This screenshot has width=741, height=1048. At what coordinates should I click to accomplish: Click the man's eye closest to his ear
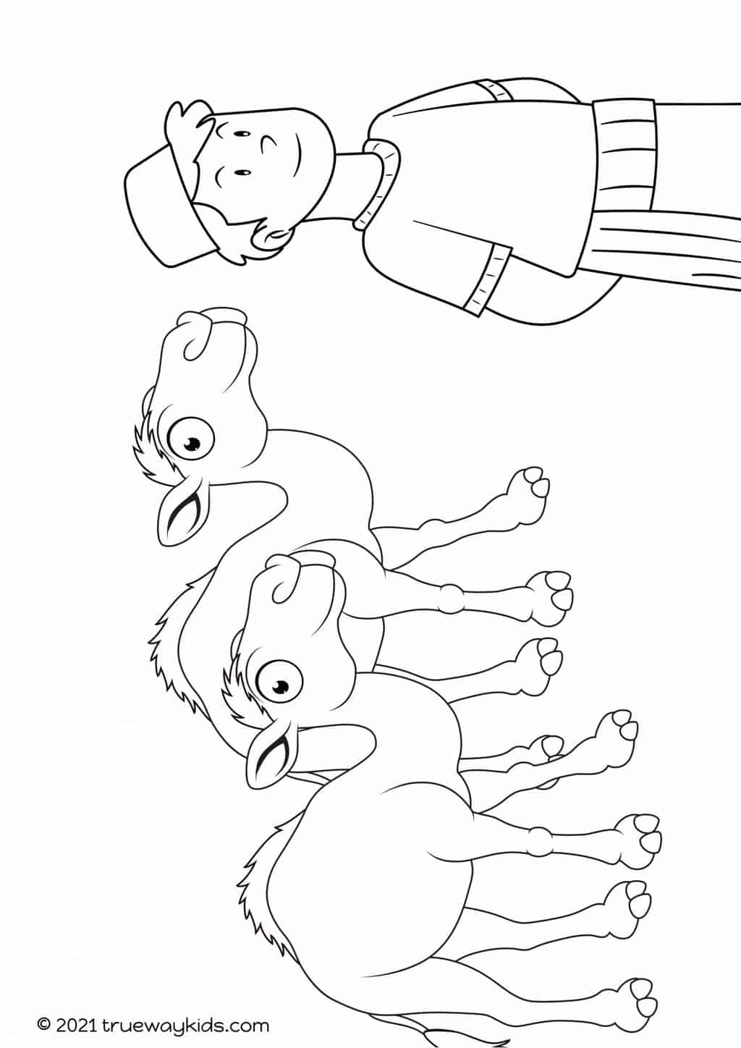(x=242, y=174)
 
